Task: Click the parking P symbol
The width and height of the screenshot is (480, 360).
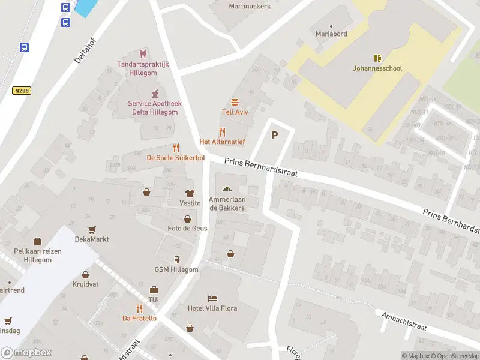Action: (x=275, y=135)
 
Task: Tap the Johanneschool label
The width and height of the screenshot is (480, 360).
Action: (x=377, y=68)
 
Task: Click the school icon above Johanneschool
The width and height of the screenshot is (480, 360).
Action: (x=377, y=58)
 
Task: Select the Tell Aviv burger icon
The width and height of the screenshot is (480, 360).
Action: (x=235, y=102)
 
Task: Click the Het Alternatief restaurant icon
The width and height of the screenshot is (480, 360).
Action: (x=222, y=131)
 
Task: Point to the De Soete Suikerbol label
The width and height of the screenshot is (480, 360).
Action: (x=176, y=158)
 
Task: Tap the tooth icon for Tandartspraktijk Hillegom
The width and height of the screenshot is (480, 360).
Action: (x=143, y=54)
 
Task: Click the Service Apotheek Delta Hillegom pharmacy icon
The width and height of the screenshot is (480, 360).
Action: (x=154, y=93)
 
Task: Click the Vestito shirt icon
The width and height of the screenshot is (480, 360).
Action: (x=190, y=193)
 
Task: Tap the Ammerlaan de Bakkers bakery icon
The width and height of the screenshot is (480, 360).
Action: (x=227, y=189)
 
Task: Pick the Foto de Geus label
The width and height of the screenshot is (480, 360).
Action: (x=187, y=228)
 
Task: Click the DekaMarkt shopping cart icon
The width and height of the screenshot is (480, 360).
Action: (x=92, y=229)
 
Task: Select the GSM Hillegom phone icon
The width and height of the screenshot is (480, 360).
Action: (x=176, y=260)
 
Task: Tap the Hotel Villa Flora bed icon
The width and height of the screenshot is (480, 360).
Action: (x=212, y=298)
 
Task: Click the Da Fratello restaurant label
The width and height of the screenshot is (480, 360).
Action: (x=139, y=318)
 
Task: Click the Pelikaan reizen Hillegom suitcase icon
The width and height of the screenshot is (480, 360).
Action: (x=37, y=241)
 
